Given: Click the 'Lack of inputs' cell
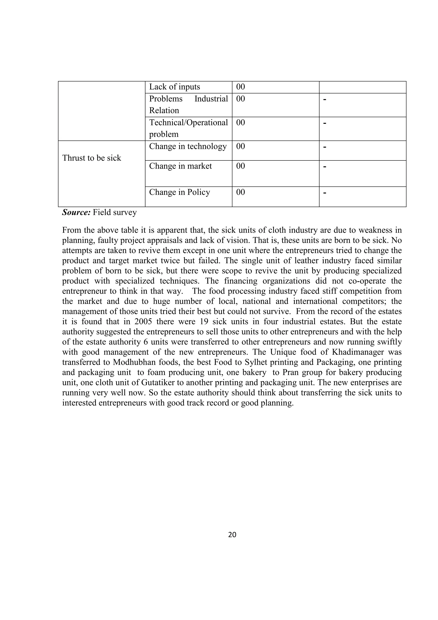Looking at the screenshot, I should coord(174,87).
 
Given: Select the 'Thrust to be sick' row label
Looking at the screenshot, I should coord(92,158).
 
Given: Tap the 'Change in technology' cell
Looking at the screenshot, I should coord(188,146).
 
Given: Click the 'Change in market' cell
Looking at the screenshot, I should coord(180,166).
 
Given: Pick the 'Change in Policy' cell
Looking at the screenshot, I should coord(179,192).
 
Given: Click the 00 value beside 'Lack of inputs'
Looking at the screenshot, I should coord(240,87).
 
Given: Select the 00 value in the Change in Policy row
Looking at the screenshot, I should coord(240,192).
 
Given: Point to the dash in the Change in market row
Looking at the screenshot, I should coord(325,167).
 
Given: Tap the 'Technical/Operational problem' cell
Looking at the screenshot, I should coord(188,129).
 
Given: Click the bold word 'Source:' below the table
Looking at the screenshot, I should coord(76,212).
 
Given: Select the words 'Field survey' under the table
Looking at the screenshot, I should coord(115,212).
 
